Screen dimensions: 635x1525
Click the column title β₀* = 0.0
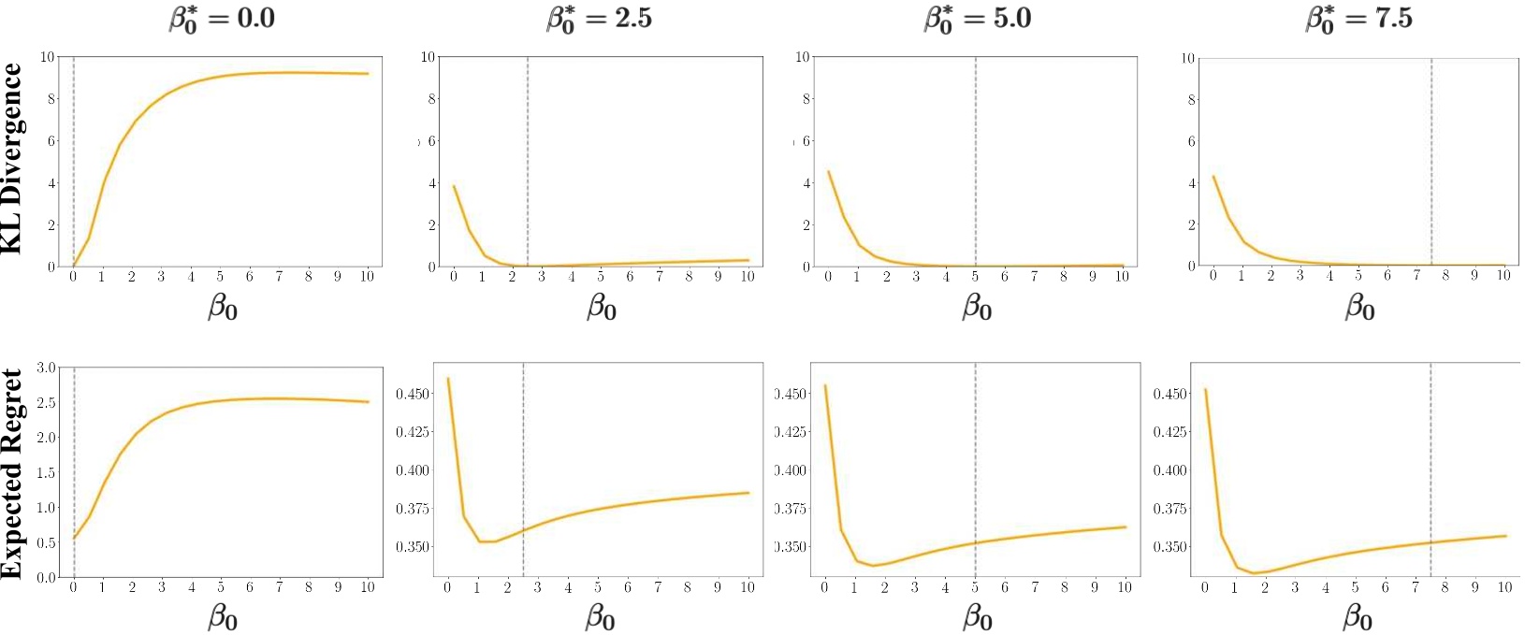tap(222, 19)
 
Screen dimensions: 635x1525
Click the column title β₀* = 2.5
tap(599, 19)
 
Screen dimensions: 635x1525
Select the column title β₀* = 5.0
tap(977, 19)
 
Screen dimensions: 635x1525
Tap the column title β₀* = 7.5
tap(1358, 19)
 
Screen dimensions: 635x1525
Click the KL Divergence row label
tap(12, 158)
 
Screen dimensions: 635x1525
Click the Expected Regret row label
tap(12, 473)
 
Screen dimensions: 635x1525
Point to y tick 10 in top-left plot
tap(48, 57)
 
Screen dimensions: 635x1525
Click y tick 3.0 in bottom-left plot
tap(46, 368)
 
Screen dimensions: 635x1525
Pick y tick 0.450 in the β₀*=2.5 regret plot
tap(412, 394)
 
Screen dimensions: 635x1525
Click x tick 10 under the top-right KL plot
tap(1503, 276)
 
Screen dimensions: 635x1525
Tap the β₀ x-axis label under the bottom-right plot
tap(1358, 617)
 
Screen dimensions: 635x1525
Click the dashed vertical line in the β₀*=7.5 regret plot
tap(1431, 468)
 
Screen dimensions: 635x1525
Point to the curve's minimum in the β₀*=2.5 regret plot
tap(487, 541)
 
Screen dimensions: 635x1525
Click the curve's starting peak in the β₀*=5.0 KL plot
tap(828, 171)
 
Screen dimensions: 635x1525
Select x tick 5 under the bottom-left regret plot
tap(221, 587)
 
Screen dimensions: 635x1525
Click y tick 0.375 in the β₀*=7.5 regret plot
tap(1169, 509)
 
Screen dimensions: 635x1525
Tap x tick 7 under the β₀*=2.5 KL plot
tap(660, 277)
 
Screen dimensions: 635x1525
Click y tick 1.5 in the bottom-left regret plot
tap(46, 473)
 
